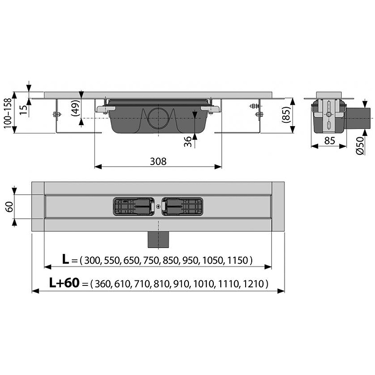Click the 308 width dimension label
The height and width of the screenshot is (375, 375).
[x=158, y=161]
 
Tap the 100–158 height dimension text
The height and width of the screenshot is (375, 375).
[x=7, y=113]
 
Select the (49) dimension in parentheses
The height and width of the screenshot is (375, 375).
[x=75, y=108]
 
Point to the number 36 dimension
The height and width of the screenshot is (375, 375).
[x=188, y=142]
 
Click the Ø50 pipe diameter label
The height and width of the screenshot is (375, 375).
[x=360, y=145]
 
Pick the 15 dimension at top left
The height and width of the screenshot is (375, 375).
[x=23, y=110]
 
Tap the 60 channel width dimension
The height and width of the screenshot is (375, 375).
[x=9, y=207]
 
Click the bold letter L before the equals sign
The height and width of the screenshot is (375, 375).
[x=65, y=259]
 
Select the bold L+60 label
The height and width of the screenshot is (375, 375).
[x=64, y=283]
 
